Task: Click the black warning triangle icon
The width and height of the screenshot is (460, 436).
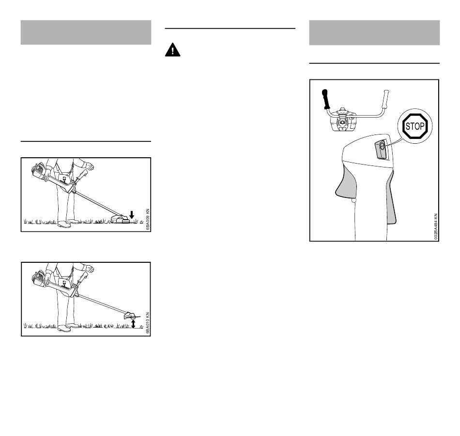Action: (172, 50)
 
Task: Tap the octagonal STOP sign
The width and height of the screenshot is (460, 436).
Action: (415, 126)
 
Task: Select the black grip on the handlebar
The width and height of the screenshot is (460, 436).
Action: (325, 99)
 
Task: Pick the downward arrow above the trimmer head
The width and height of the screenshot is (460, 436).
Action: (132, 215)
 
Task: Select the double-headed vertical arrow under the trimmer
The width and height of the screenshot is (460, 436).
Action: (133, 324)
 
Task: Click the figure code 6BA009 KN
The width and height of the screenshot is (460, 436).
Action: (148, 219)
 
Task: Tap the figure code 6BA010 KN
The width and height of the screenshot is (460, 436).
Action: (148, 323)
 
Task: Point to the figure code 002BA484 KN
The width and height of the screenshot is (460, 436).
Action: (436, 227)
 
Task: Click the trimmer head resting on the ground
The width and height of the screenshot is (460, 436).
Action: (120, 219)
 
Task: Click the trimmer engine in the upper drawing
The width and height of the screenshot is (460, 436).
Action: (38, 172)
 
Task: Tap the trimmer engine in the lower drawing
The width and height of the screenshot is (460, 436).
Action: (38, 277)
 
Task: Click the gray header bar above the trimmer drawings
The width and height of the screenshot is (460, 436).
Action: (86, 32)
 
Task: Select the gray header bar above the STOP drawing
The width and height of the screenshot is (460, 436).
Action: (374, 32)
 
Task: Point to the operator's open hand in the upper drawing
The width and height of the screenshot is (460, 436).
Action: (90, 165)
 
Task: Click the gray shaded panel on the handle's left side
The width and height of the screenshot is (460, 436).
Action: (347, 181)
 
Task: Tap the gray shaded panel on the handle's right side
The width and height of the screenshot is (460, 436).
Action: (391, 199)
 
